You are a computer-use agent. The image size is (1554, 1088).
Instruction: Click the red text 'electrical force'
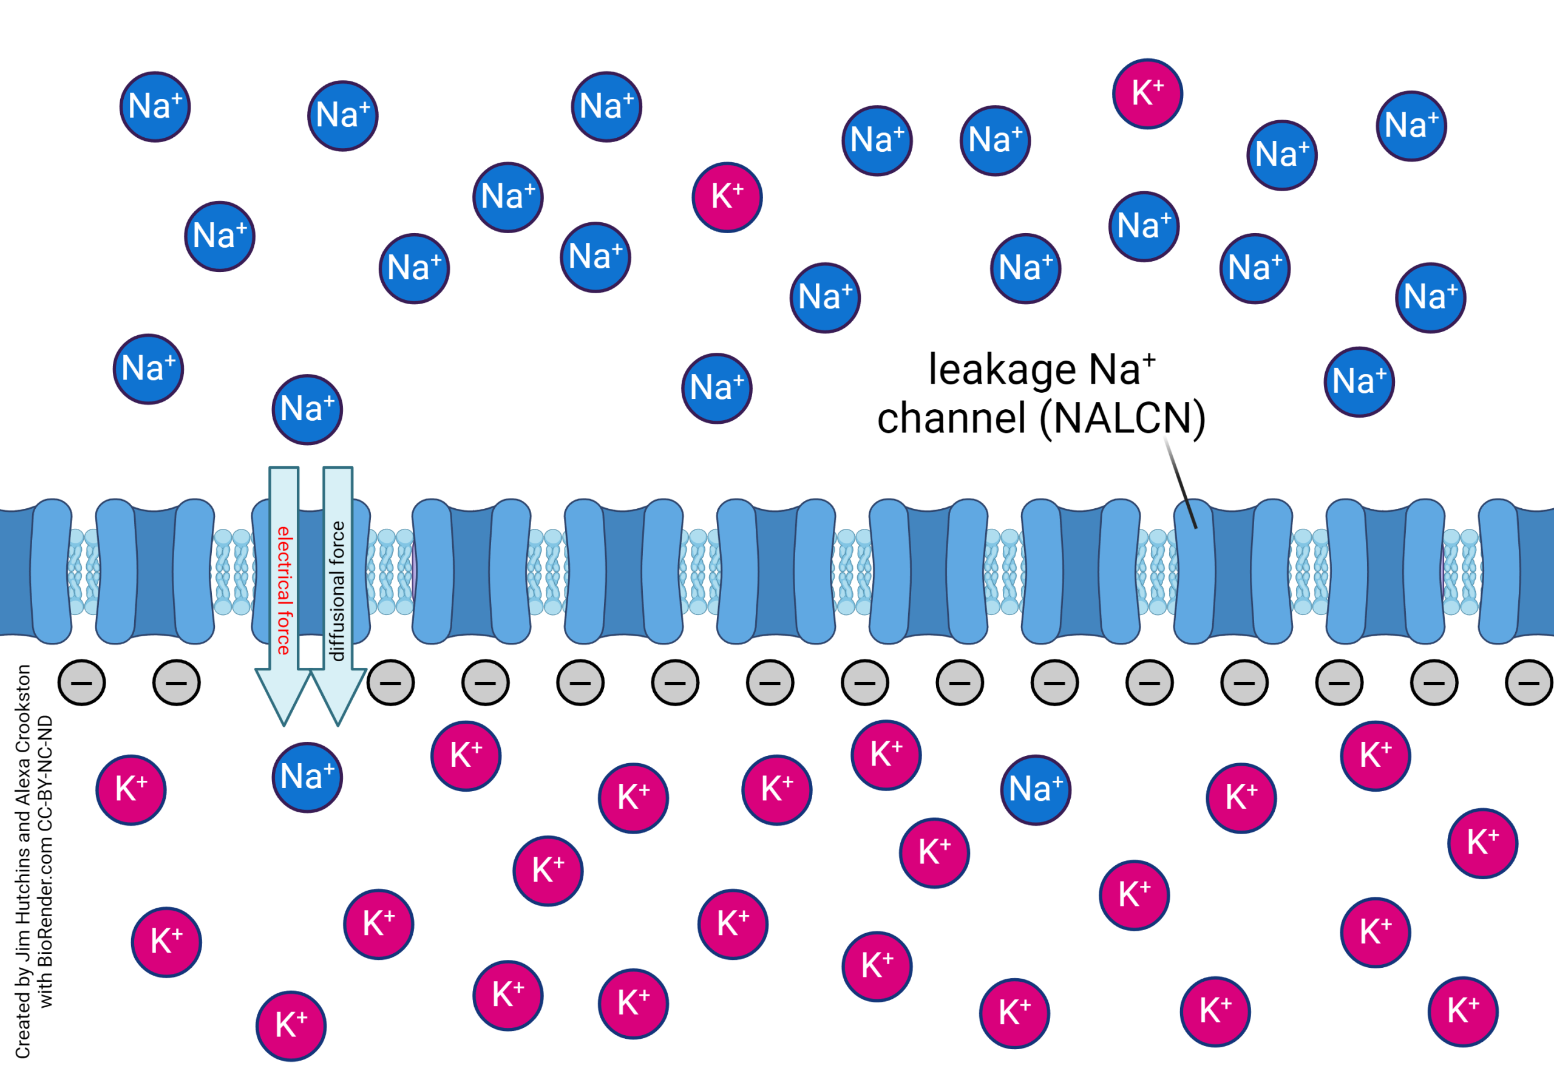(283, 590)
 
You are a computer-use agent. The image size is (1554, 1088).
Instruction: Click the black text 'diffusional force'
(337, 590)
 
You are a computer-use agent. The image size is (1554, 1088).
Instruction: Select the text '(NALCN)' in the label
(1122, 418)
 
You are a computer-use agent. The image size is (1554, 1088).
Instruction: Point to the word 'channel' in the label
(951, 418)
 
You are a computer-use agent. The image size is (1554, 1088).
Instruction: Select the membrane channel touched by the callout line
(1232, 571)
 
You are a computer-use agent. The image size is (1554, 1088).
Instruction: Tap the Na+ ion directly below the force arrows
(307, 777)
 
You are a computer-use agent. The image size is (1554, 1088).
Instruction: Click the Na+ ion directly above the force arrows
(307, 410)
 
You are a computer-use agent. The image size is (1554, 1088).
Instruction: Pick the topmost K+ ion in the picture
(1147, 93)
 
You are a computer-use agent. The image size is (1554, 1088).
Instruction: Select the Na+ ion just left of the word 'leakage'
(825, 298)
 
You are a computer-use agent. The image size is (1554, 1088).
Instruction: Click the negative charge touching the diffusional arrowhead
(391, 682)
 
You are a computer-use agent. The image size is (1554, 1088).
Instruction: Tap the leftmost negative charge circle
(82, 682)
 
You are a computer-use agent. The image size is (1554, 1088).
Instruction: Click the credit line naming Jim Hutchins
(23, 860)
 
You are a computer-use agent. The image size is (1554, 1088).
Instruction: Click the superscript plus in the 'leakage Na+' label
(1149, 359)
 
